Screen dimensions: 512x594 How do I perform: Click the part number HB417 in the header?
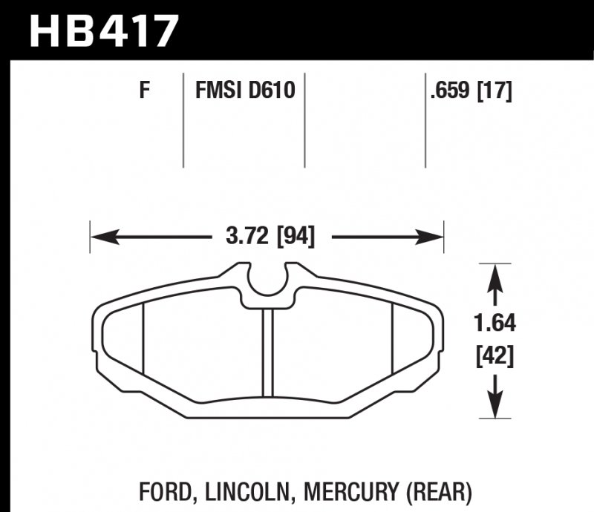104,30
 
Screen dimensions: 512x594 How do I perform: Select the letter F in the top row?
145,91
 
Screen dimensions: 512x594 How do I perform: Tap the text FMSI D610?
245,91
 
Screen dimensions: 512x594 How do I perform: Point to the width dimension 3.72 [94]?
269,237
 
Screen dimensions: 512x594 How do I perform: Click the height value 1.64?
495,324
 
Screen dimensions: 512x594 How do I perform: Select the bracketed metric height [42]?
495,359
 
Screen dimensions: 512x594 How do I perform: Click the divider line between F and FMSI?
183,119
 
